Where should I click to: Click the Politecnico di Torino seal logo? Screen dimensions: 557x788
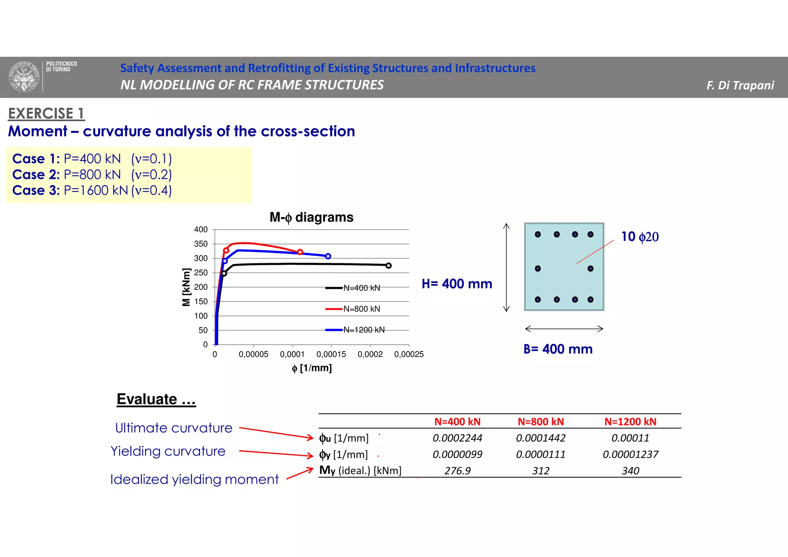[x=24, y=77]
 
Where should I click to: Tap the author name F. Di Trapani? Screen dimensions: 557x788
[x=740, y=85]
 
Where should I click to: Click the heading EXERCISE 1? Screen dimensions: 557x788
[x=46, y=114]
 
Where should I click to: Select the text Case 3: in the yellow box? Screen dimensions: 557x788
[x=36, y=190]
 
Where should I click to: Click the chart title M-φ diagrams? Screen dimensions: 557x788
[x=311, y=217]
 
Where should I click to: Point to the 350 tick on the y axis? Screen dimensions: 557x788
[x=201, y=244]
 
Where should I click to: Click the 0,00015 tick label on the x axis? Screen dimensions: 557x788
[x=331, y=354]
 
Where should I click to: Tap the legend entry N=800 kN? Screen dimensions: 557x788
[x=361, y=309]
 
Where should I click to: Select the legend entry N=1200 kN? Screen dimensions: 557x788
[x=364, y=330]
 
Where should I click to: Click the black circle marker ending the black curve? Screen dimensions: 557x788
[x=389, y=266]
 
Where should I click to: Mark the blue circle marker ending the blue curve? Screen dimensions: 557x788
[x=328, y=256]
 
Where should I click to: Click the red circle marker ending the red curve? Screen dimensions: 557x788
[x=300, y=252]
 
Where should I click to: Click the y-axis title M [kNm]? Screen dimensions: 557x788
[x=186, y=287]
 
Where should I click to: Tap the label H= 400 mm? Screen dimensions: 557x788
[x=457, y=284]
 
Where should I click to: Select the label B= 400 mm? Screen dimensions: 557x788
[x=558, y=349]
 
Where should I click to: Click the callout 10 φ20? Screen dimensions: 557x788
[x=639, y=236]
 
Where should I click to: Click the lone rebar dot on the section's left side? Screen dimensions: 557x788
[x=538, y=268]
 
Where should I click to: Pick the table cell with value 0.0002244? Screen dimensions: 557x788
[x=457, y=438]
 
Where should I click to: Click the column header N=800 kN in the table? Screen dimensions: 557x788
[x=541, y=422]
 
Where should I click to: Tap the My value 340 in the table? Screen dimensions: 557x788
[x=630, y=471]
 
